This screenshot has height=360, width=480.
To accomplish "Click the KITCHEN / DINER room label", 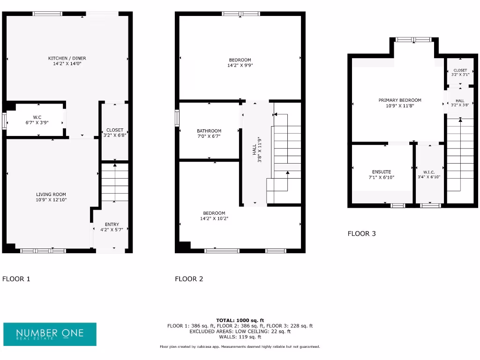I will (x=67, y=58).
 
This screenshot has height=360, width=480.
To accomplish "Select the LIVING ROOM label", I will (x=51, y=194).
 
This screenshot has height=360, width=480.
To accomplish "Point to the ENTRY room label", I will (x=112, y=224).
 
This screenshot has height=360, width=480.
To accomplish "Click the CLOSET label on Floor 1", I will (x=115, y=130).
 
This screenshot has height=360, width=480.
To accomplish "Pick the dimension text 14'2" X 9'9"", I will (x=240, y=66).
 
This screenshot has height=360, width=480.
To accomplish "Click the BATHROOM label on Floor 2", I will (x=209, y=131).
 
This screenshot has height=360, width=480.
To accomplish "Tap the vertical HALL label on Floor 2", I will (x=255, y=150).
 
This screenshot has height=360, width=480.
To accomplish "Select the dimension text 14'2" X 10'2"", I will (x=214, y=218).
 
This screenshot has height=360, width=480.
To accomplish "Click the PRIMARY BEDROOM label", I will (x=400, y=100).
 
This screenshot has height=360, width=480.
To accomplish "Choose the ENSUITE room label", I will (x=381, y=172).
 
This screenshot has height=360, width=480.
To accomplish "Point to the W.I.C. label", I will (x=429, y=172).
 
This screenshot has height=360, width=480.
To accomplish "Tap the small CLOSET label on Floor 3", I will (x=460, y=70).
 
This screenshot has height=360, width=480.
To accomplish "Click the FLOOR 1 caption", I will (x=16, y=279).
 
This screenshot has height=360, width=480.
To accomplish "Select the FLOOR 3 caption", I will (x=361, y=233).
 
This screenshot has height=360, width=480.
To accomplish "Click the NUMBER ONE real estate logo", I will (x=50, y=334).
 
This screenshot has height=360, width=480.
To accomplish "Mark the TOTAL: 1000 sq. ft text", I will (x=240, y=320).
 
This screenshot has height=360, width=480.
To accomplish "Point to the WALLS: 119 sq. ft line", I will (x=240, y=337).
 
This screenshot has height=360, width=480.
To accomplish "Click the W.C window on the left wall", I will (x=4, y=120).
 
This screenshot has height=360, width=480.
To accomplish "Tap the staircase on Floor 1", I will (x=115, y=183).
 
